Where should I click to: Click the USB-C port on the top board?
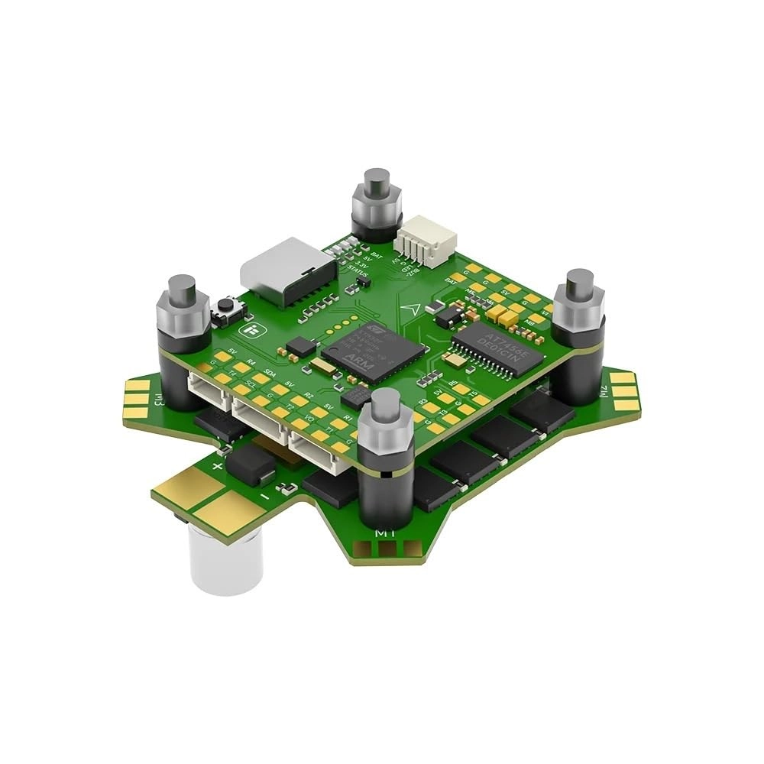point(287,271)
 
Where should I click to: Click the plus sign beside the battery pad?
point(218,465)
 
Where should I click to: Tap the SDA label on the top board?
point(270,374)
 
